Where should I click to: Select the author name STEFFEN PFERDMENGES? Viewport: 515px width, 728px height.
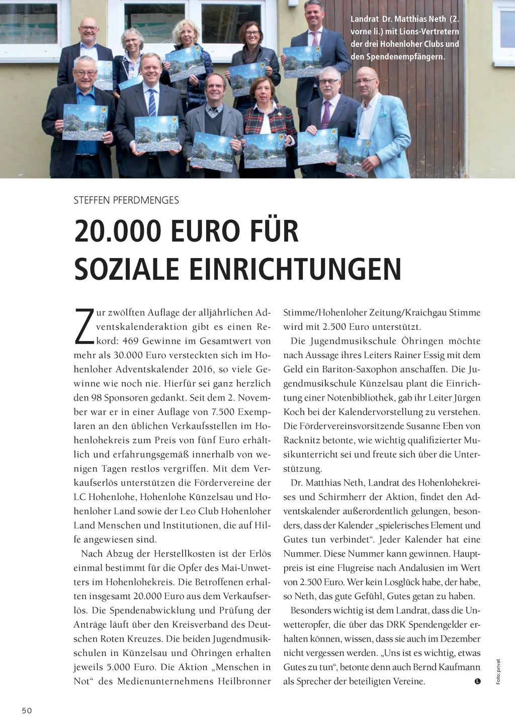coord(126,200)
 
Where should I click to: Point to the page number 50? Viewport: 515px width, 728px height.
coord(27,710)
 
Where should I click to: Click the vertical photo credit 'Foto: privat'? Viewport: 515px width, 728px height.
coord(498,672)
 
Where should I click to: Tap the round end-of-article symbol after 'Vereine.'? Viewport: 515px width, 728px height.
coord(477,681)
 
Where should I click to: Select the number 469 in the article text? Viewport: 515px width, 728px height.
coord(130,341)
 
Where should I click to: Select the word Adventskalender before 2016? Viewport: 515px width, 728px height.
coord(152,369)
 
